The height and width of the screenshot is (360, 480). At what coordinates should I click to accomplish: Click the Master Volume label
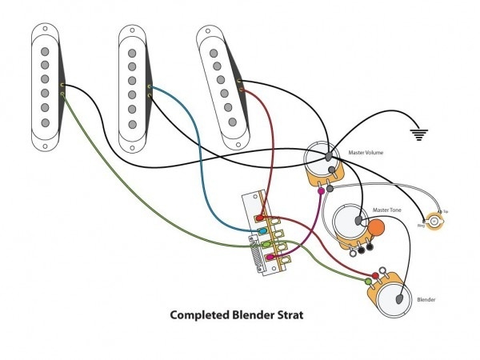(366, 151)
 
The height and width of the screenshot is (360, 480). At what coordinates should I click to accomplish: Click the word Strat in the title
(291, 315)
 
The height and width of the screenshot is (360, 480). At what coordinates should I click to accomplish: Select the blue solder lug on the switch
(260, 230)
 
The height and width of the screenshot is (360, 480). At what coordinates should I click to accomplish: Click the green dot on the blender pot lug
(368, 281)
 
